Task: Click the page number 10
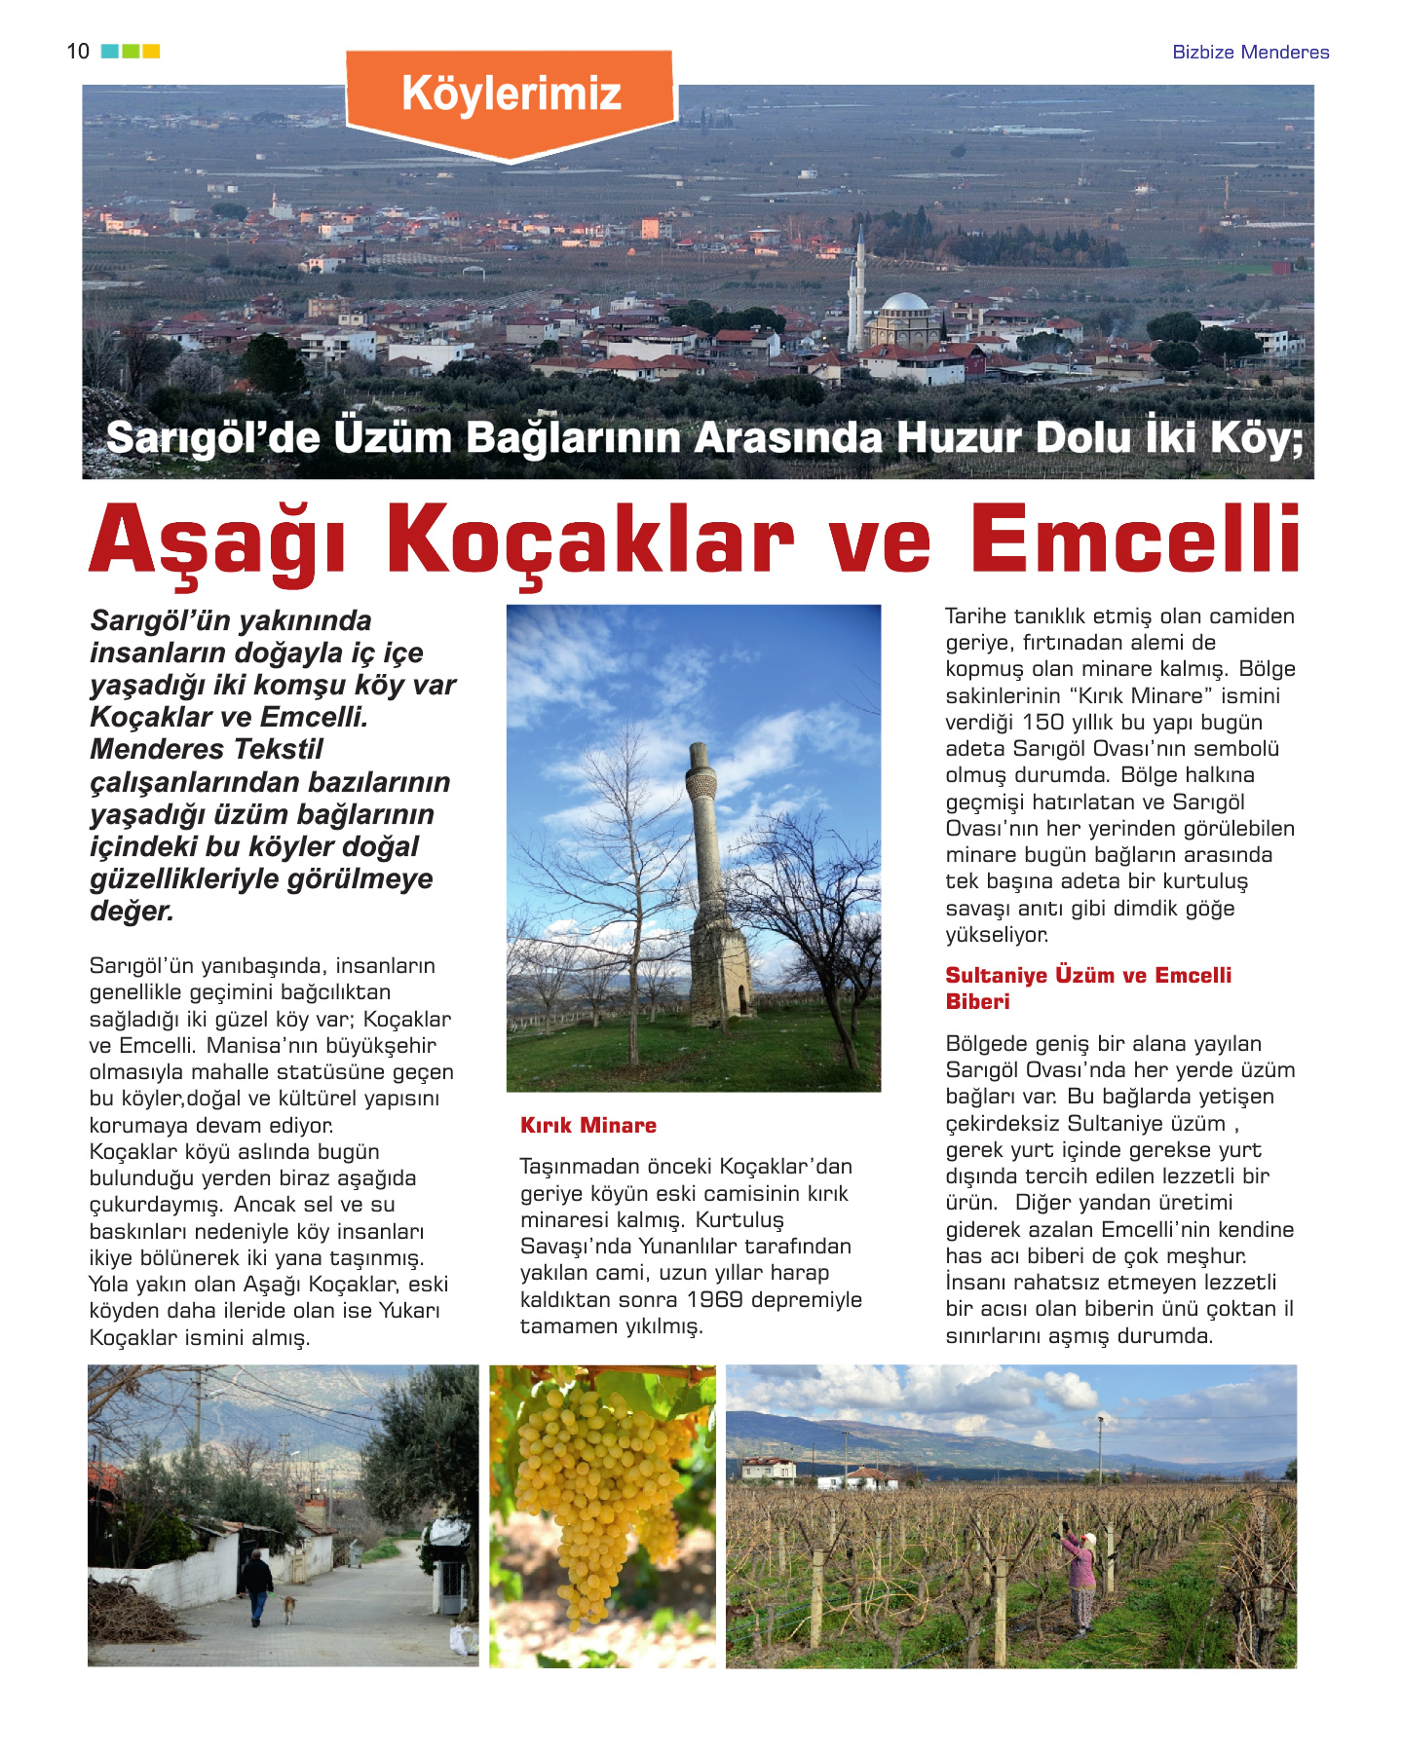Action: click(78, 52)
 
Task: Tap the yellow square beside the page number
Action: click(151, 52)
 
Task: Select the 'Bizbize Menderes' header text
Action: click(1250, 53)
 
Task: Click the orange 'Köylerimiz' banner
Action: click(511, 95)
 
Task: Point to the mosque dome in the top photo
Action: click(903, 304)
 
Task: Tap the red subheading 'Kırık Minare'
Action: click(588, 1126)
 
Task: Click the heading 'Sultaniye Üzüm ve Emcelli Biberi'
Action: click(1088, 988)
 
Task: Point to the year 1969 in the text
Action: click(714, 1300)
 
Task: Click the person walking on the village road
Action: click(256, 1585)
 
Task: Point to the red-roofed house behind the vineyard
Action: click(769, 1469)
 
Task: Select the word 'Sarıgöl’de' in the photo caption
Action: click(212, 437)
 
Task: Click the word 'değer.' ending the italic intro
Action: click(133, 912)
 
